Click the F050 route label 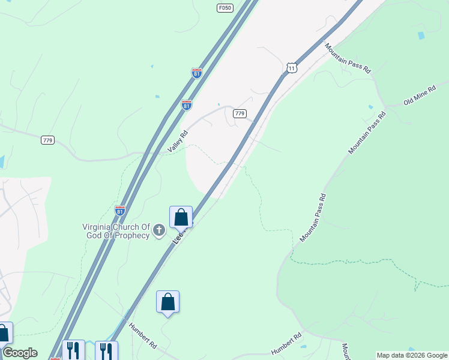pyautogui.click(x=225, y=8)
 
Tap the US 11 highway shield pyautogui.click(x=291, y=68)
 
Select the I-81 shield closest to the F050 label pyautogui.click(x=197, y=73)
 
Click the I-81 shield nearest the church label pyautogui.click(x=120, y=211)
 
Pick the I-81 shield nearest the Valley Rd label pyautogui.click(x=187, y=105)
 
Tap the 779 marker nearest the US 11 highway pyautogui.click(x=240, y=113)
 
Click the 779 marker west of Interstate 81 pyautogui.click(x=48, y=140)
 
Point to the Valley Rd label pyautogui.click(x=179, y=142)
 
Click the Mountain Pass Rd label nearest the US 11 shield pyautogui.click(x=348, y=58)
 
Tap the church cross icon pyautogui.click(x=159, y=229)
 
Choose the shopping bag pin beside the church pyautogui.click(x=181, y=217)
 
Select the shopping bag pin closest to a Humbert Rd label pyautogui.click(x=168, y=302)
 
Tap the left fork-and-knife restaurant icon pyautogui.click(x=73, y=350)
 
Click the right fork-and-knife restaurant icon pyautogui.click(x=106, y=350)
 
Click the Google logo pyautogui.click(x=19, y=353)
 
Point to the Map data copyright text pyautogui.click(x=412, y=355)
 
